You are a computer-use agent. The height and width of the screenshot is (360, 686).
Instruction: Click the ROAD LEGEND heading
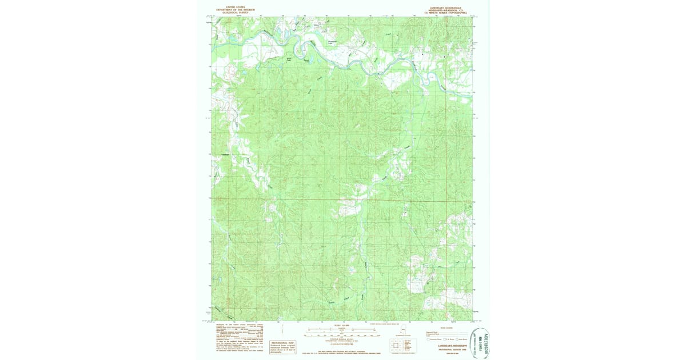click(446, 327)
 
